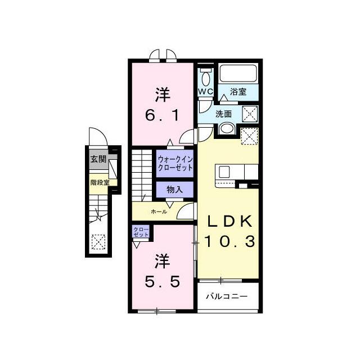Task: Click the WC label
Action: tap(205, 92)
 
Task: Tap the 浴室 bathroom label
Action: tap(238, 92)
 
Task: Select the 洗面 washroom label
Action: tap(223, 114)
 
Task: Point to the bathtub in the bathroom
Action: tap(238, 73)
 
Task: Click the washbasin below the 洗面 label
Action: tap(226, 129)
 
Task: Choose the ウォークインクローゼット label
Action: tap(175, 163)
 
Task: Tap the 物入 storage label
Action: tap(175, 190)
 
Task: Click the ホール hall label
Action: tap(159, 211)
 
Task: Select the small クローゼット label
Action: tap(141, 232)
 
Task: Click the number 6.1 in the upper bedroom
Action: tap(162, 115)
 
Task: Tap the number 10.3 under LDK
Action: tap(229, 241)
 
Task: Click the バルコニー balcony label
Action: tap(227, 296)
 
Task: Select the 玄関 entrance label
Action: tap(98, 159)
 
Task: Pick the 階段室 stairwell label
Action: tap(100, 182)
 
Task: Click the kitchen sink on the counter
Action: tap(224, 172)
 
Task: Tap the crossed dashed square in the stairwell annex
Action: tap(98, 242)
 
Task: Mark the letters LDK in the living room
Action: tap(229, 222)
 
